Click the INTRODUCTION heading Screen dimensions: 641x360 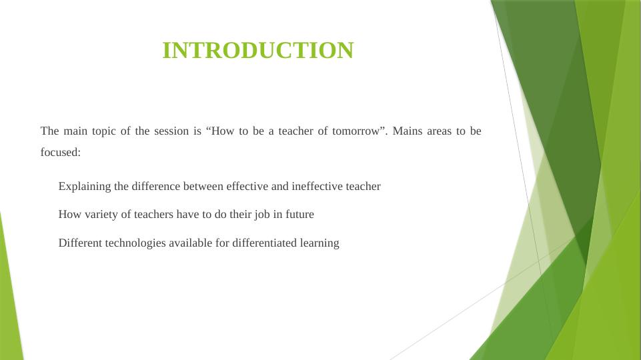(x=258, y=50)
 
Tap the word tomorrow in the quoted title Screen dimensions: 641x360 (x=356, y=131)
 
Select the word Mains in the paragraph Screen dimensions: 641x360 (x=407, y=131)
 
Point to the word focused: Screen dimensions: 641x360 (x=61, y=152)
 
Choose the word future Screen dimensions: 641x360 (x=299, y=214)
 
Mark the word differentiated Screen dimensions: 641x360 (x=265, y=243)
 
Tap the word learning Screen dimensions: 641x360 (x=319, y=243)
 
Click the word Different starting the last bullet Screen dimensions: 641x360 (x=80, y=243)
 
